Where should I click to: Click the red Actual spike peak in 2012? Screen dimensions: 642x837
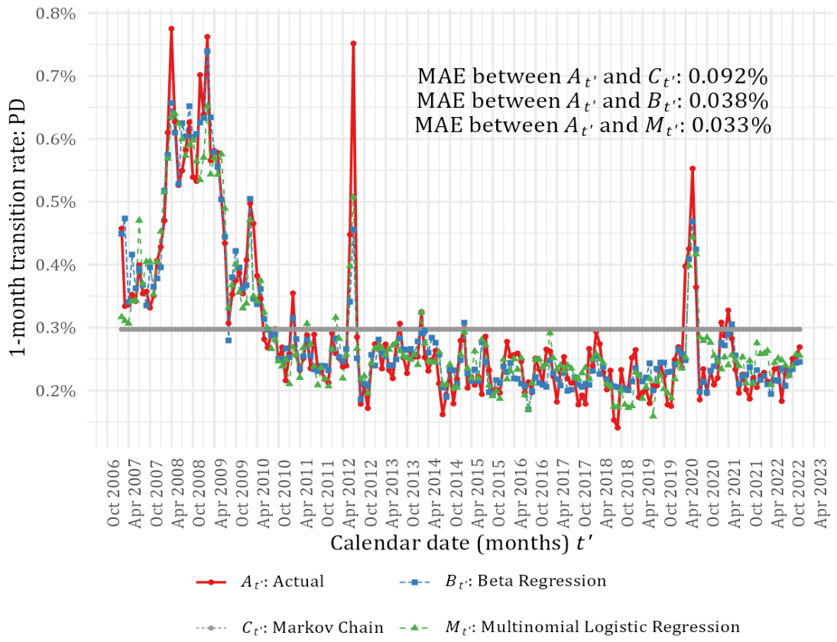[353, 44]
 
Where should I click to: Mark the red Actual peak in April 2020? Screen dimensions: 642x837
[693, 168]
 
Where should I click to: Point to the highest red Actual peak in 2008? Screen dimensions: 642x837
[171, 28]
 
